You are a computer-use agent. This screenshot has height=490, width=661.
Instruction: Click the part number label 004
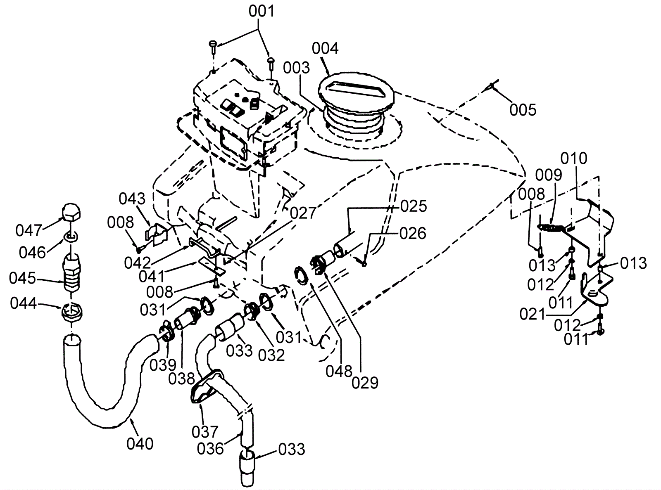coord(325,49)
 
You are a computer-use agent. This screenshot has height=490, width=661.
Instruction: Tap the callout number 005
coord(523,110)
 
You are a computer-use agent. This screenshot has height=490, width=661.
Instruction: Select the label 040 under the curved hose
coord(140,444)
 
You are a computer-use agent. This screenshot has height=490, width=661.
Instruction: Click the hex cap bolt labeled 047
coord(71,212)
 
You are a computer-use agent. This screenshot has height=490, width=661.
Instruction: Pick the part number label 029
coord(365,383)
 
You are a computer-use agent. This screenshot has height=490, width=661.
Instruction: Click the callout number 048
coord(339,371)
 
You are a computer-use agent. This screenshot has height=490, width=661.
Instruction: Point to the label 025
coord(414,206)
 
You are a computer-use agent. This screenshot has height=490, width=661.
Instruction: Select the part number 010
coord(574,158)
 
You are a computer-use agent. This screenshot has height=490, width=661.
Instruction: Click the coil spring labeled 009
coord(552,228)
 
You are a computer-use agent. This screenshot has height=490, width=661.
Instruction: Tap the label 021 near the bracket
coord(533,314)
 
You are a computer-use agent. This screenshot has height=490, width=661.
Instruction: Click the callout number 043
coord(132,199)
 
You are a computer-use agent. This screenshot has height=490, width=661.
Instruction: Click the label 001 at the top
coord(262,12)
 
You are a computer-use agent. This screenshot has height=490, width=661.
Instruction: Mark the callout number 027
coord(303,213)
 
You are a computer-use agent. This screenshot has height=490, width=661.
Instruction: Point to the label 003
coord(296,68)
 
